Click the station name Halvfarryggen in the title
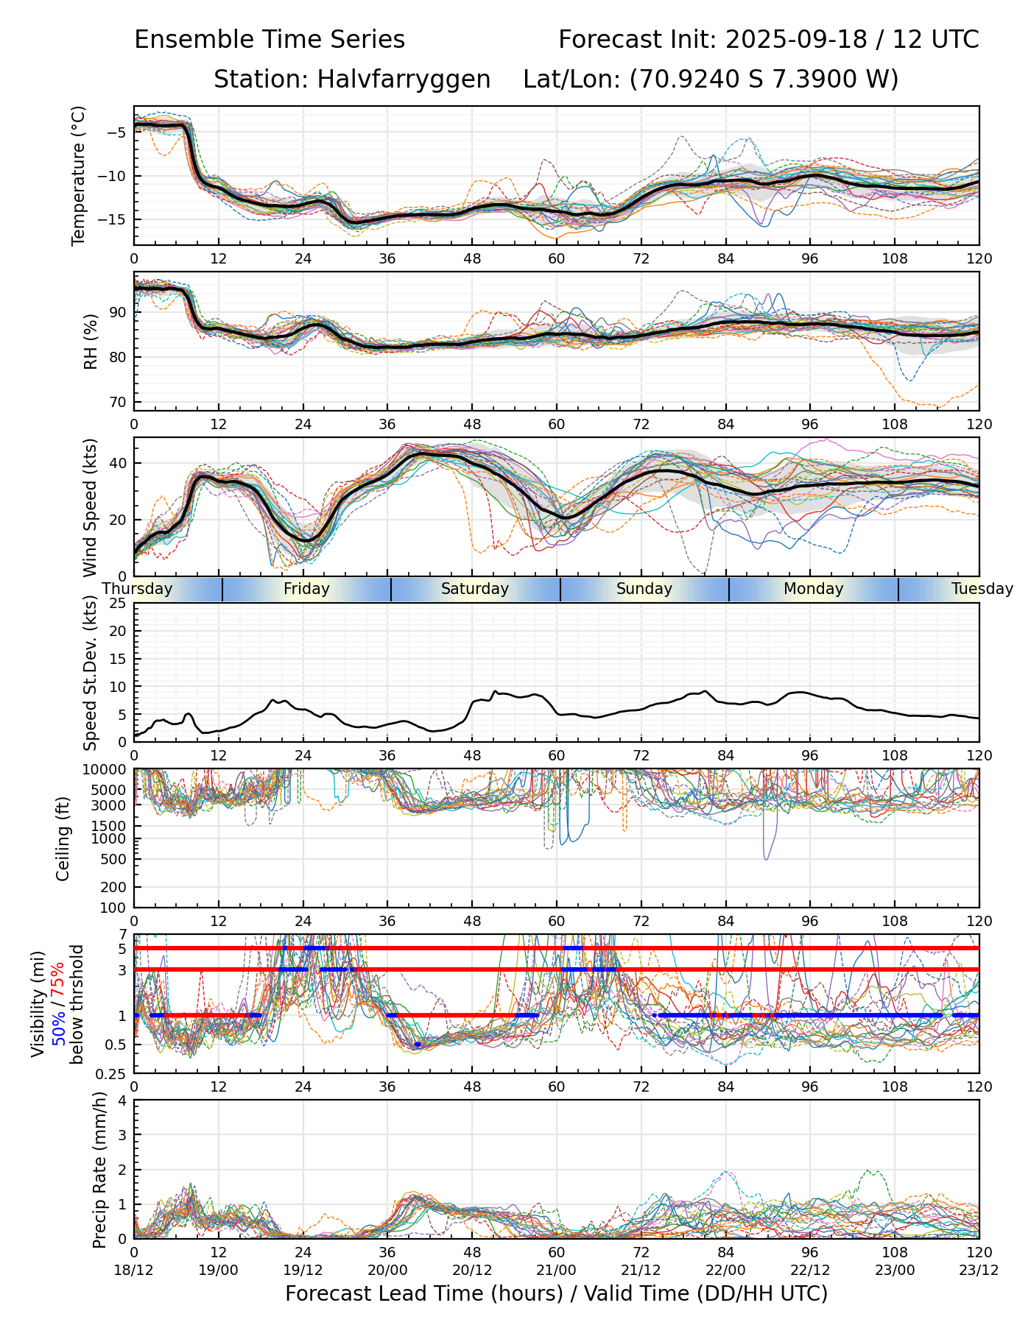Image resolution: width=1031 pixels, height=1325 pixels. click(404, 79)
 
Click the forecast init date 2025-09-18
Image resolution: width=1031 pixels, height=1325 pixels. click(796, 40)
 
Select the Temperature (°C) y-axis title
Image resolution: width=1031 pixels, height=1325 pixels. click(79, 175)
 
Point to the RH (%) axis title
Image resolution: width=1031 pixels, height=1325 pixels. click(91, 341)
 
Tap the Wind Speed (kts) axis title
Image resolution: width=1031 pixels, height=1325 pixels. click(91, 507)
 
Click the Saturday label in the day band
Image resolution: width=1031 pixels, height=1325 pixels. click(475, 589)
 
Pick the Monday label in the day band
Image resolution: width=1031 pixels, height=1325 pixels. click(813, 589)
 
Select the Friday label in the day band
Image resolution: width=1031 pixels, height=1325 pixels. click(306, 589)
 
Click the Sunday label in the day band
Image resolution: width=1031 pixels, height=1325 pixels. click(644, 589)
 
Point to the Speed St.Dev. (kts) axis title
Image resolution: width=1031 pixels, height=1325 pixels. click(91, 672)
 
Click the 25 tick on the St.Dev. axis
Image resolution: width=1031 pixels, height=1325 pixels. click(118, 604)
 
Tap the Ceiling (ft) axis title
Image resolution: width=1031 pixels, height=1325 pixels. click(64, 838)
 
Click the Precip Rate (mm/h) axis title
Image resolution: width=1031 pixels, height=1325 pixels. click(99, 1170)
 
